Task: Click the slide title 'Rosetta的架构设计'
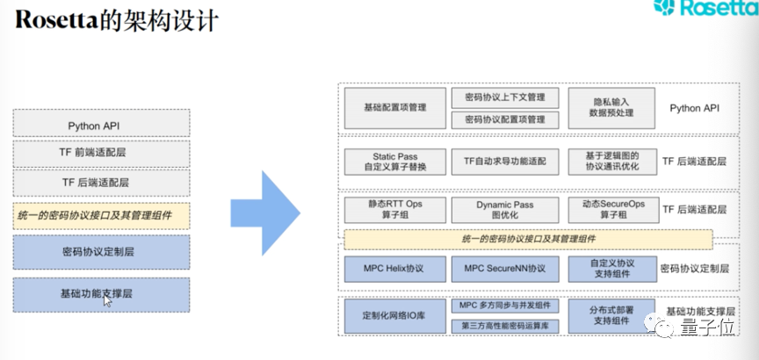114,20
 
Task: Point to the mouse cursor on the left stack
107,301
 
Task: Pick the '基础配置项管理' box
394,108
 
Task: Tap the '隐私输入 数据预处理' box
611,108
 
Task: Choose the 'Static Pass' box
394,161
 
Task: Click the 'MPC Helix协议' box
394,268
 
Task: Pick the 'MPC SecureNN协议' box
504,268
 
